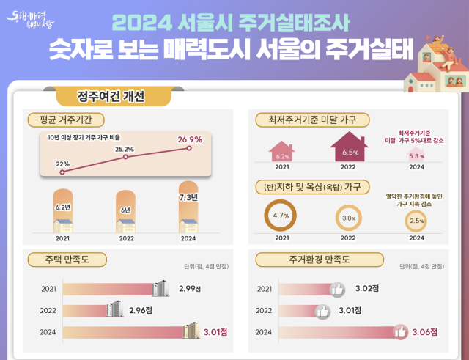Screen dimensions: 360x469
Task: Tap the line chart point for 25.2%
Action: [125, 156]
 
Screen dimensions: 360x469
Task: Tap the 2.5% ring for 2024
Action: [416, 220]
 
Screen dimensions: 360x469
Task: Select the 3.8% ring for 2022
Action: [350, 218]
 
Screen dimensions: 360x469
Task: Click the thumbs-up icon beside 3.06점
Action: [400, 332]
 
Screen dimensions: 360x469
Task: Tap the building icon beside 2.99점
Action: [160, 289]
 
